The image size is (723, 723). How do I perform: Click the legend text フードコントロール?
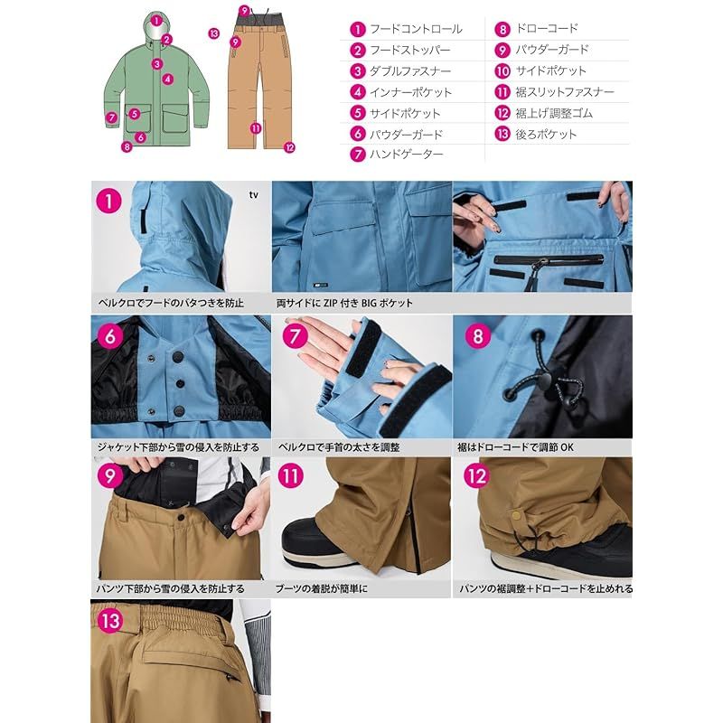[416, 29]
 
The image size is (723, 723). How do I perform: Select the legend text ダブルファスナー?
[410, 71]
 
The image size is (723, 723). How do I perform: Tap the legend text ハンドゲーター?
[406, 154]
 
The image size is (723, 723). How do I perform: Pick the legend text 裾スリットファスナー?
[565, 92]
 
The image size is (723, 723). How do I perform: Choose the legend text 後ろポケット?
[546, 134]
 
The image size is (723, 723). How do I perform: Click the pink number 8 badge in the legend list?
[502, 30]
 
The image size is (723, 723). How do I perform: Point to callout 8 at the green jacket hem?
[127, 147]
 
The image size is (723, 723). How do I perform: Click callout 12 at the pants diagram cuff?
[289, 147]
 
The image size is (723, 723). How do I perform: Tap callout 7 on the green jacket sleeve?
[111, 117]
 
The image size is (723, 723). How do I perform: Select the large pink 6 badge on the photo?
[109, 336]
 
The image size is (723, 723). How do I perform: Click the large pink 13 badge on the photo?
[109, 620]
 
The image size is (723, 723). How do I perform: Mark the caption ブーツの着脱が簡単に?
[321, 588]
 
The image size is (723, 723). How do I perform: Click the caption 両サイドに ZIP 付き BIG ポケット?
[344, 303]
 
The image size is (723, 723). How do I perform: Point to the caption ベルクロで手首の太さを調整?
[339, 446]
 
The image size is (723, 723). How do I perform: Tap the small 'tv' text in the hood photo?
[254, 194]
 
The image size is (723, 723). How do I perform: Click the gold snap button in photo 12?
[515, 514]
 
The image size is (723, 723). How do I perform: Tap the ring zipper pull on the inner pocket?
[543, 263]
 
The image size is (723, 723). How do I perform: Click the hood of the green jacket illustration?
[156, 26]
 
